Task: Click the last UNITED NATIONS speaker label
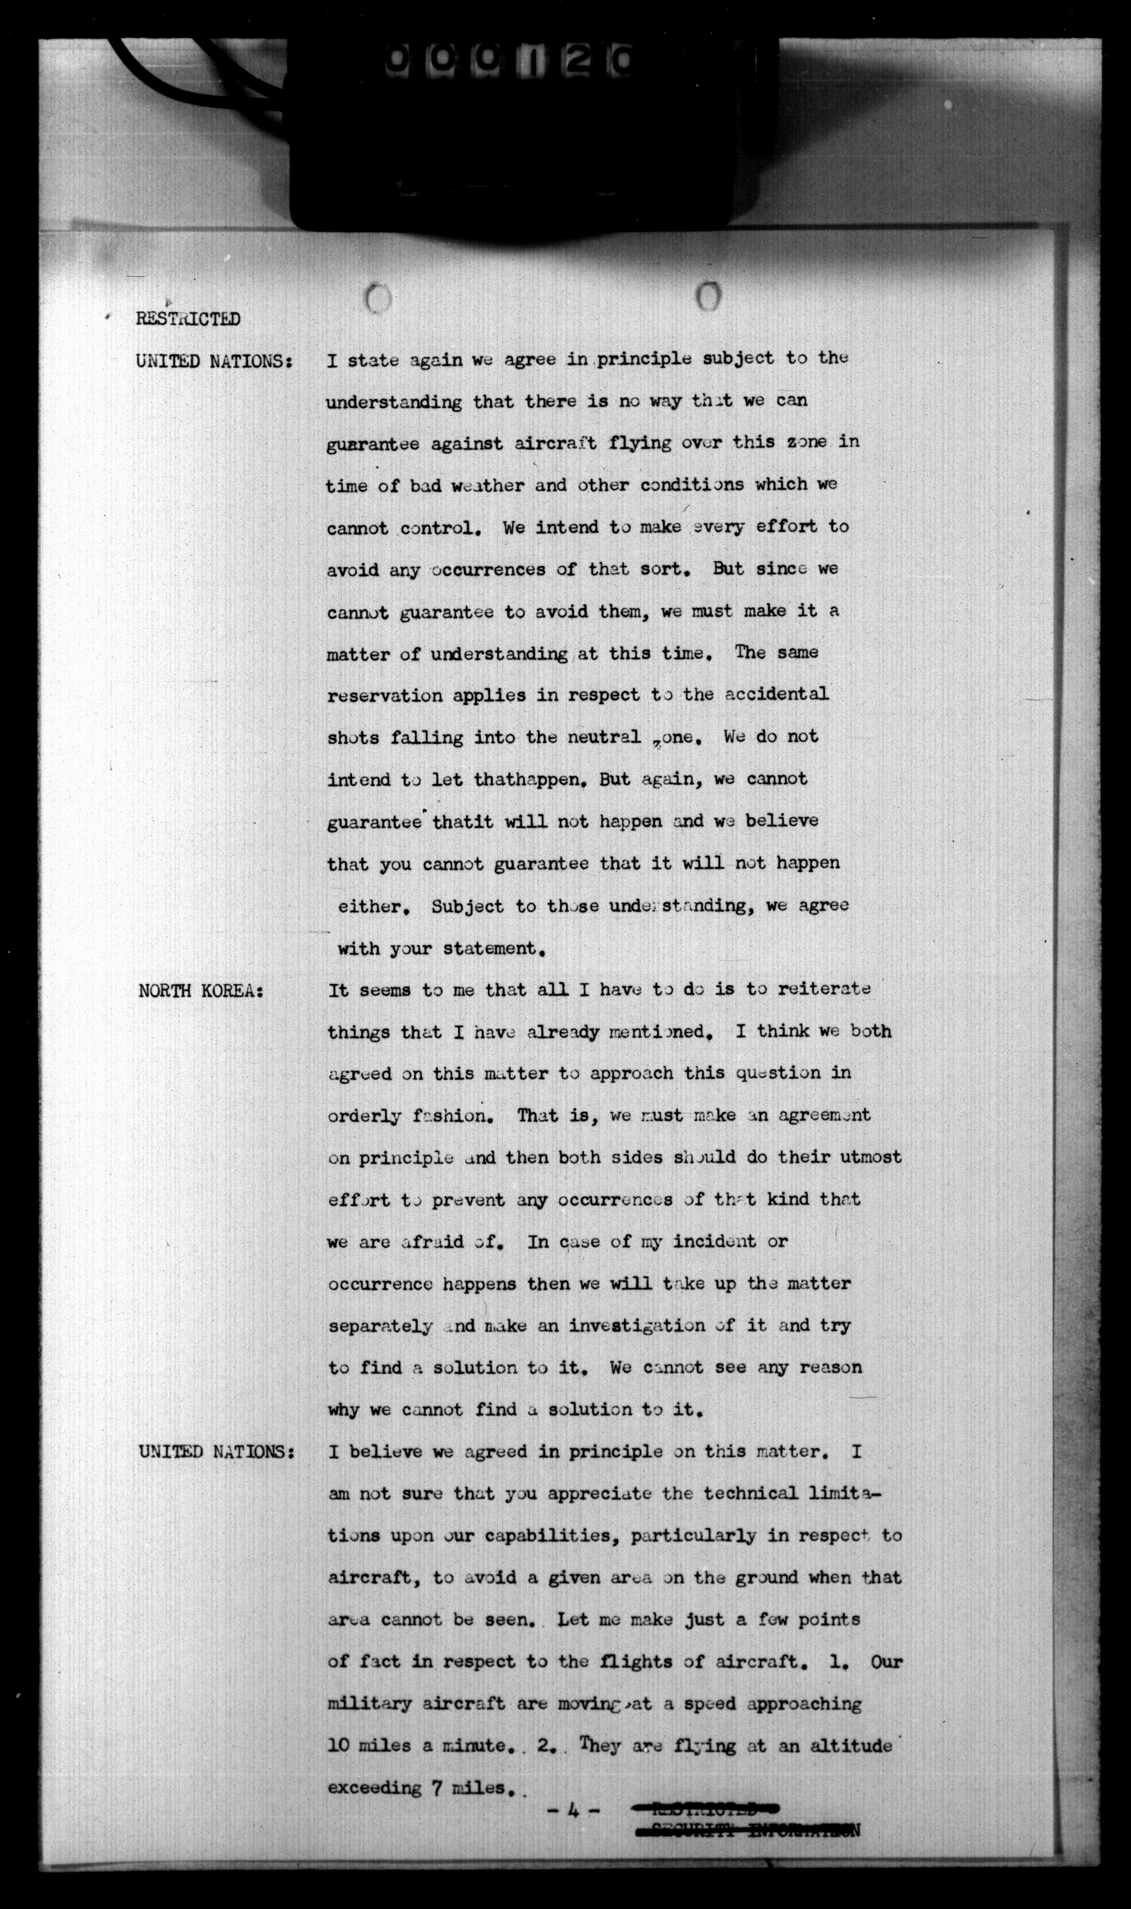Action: coord(216,1451)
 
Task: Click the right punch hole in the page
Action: coord(708,296)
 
